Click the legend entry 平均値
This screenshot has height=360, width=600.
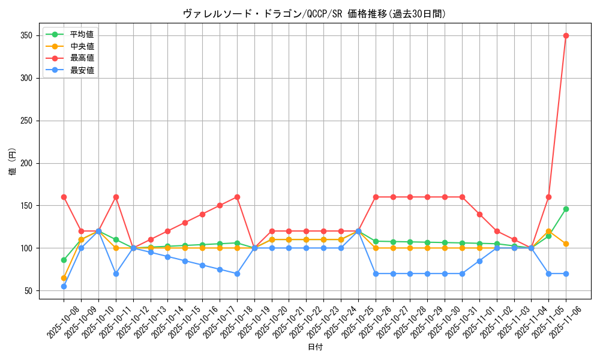click(x=82, y=34)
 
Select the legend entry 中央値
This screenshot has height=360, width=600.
click(x=82, y=46)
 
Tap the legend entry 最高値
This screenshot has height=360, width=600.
click(x=82, y=58)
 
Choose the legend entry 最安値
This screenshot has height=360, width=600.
click(x=82, y=70)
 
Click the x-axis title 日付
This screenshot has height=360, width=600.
click(x=315, y=347)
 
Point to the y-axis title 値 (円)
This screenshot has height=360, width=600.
click(x=12, y=163)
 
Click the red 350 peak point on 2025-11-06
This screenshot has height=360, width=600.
click(x=566, y=35)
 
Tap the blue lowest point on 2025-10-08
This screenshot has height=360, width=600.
click(x=64, y=286)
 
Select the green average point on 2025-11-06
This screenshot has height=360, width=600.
click(x=566, y=209)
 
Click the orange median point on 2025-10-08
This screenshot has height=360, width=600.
click(x=64, y=278)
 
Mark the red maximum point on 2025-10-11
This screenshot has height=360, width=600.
click(x=116, y=197)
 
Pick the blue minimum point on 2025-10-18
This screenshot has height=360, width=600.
click(x=237, y=274)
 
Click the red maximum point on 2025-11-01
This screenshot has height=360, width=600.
click(x=479, y=214)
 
